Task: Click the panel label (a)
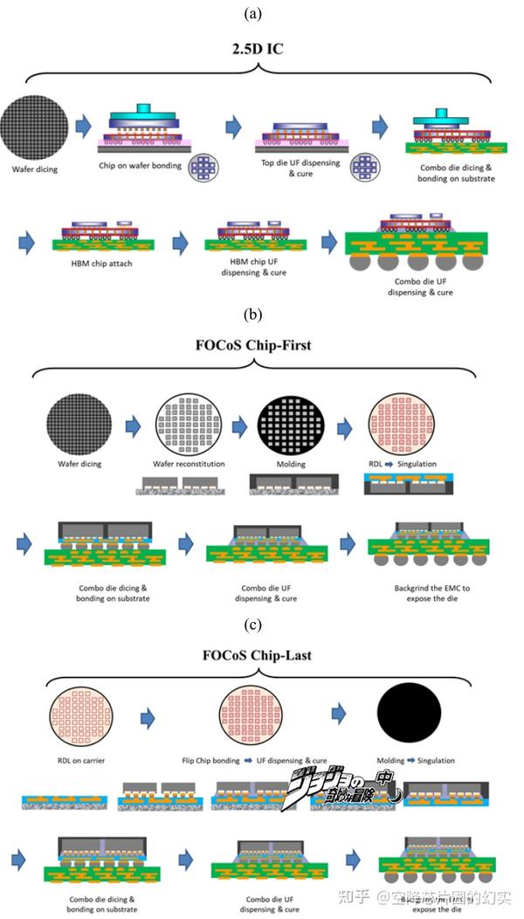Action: click(262, 12)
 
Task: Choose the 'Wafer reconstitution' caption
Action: click(188, 464)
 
